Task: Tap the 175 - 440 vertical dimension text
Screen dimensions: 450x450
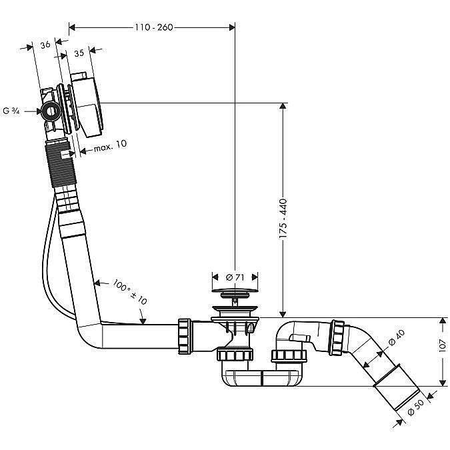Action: [x=283, y=213]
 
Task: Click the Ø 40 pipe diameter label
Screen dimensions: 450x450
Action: [x=391, y=341]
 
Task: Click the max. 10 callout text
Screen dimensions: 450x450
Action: [x=110, y=144]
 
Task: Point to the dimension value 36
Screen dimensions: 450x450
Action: [x=45, y=45]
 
